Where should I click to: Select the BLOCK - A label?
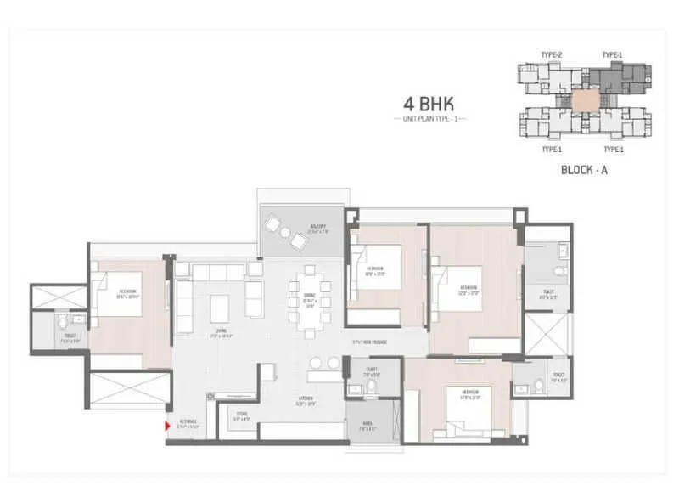(585, 169)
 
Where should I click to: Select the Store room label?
(242, 416)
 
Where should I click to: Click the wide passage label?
(370, 342)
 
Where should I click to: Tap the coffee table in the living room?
(220, 303)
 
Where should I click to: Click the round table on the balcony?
(285, 234)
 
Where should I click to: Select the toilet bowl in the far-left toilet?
(63, 324)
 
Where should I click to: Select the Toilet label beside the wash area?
(370, 373)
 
